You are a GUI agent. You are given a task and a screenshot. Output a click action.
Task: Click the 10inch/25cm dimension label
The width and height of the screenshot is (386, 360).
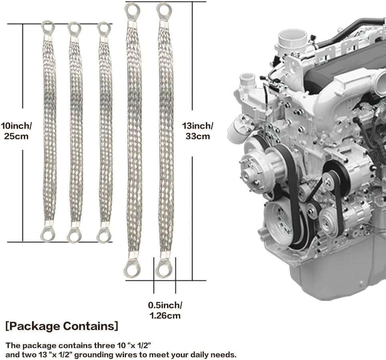(x=16, y=131)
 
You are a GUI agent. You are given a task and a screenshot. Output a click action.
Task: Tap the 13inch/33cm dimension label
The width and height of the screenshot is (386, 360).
(x=198, y=131)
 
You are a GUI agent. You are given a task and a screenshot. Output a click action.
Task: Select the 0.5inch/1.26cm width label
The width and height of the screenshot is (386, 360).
(x=165, y=310)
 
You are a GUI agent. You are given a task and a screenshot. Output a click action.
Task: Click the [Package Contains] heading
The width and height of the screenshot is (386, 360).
(x=62, y=326)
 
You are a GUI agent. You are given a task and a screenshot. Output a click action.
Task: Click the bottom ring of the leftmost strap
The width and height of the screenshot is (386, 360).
(x=48, y=235)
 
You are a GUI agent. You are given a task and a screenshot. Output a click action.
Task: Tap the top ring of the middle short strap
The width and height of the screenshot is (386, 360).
(x=74, y=28)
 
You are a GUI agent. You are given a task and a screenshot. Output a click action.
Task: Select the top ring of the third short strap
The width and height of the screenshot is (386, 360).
(x=104, y=28)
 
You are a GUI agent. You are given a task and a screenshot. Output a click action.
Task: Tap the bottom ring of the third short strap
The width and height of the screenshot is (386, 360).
(x=104, y=235)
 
